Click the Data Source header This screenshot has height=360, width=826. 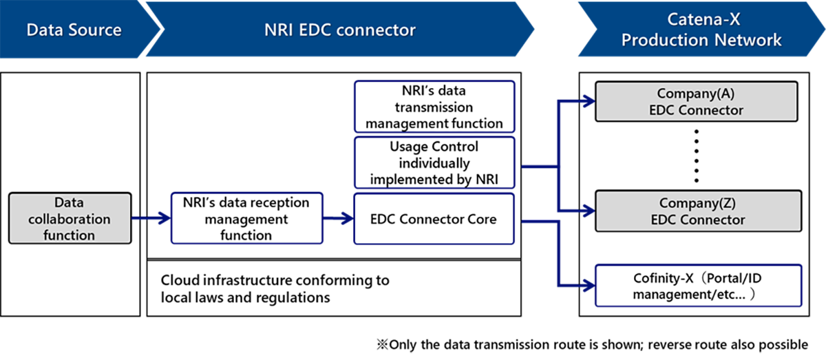[74, 30]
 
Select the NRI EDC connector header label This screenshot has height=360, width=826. [340, 30]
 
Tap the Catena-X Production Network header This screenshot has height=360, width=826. [701, 31]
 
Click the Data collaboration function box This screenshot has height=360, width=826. [70, 219]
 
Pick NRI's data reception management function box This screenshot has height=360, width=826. [246, 219]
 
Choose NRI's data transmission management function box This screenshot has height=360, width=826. [434, 107]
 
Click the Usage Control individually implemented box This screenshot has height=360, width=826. [434, 163]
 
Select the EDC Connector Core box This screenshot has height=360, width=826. [434, 220]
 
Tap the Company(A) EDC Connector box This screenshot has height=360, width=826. [696, 101]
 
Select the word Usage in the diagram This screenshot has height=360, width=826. [408, 147]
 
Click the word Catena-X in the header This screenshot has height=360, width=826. [701, 21]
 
